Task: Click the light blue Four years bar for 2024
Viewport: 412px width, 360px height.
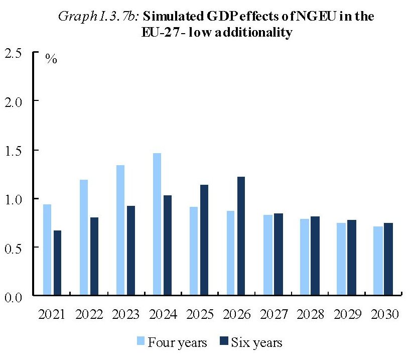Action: click(x=157, y=224)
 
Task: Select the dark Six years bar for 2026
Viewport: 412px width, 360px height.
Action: click(x=241, y=236)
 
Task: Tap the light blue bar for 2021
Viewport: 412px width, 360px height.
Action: click(x=47, y=250)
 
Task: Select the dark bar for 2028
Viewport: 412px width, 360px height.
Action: click(x=315, y=256)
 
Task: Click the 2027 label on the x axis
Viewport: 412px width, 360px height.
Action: click(x=273, y=315)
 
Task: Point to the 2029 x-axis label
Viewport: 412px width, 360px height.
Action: click(x=347, y=315)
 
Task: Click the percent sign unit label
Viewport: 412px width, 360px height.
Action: click(x=51, y=58)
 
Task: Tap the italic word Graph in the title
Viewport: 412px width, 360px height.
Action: click(x=74, y=17)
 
